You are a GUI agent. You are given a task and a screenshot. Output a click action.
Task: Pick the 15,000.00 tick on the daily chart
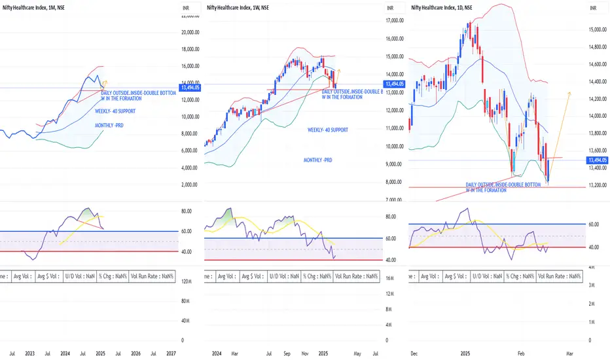click(595, 29)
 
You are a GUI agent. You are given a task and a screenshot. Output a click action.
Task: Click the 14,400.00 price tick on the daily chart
click(595, 82)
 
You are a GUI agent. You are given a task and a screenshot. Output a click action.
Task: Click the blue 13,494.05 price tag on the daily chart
click(595, 160)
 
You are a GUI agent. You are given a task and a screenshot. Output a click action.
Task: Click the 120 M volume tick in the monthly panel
click(186, 281)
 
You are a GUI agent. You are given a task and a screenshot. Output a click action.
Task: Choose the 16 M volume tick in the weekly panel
click(390, 278)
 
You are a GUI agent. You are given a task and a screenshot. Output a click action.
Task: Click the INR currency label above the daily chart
click(594, 7)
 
